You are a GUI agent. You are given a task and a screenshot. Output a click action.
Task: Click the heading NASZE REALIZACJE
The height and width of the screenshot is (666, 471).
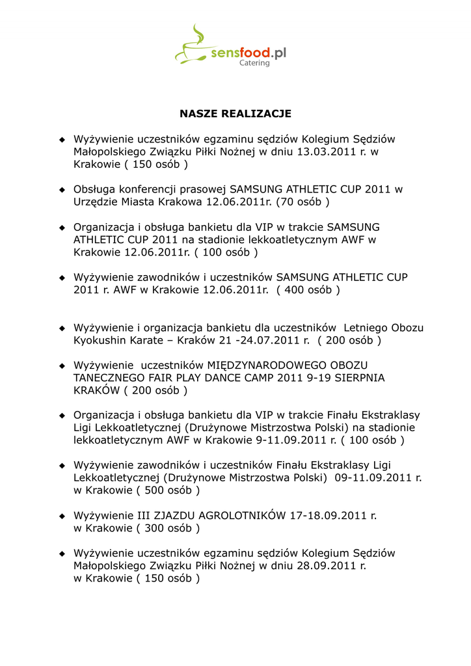tap(235, 114)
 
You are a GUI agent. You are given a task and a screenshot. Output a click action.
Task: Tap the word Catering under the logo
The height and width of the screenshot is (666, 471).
tap(254, 63)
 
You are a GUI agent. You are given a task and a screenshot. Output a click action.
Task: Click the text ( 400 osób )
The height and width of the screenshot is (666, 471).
tap(308, 289)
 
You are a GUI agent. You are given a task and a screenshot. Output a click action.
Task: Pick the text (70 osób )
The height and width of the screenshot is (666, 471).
tap(303, 202)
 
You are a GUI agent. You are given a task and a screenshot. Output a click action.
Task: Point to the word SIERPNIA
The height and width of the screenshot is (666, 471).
tap(360, 378)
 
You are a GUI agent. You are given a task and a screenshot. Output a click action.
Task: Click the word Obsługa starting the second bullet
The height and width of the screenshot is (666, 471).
tap(95, 189)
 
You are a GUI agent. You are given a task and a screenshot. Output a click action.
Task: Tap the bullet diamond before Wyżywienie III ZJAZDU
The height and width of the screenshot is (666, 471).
tap(62, 516)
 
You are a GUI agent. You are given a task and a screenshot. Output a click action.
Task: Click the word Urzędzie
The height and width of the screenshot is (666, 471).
tap(96, 202)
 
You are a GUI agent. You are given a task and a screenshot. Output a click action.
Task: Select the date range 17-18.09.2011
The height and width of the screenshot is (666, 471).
tap(330, 516)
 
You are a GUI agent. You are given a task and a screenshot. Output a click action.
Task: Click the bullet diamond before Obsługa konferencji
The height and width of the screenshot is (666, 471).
tap(62, 189)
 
